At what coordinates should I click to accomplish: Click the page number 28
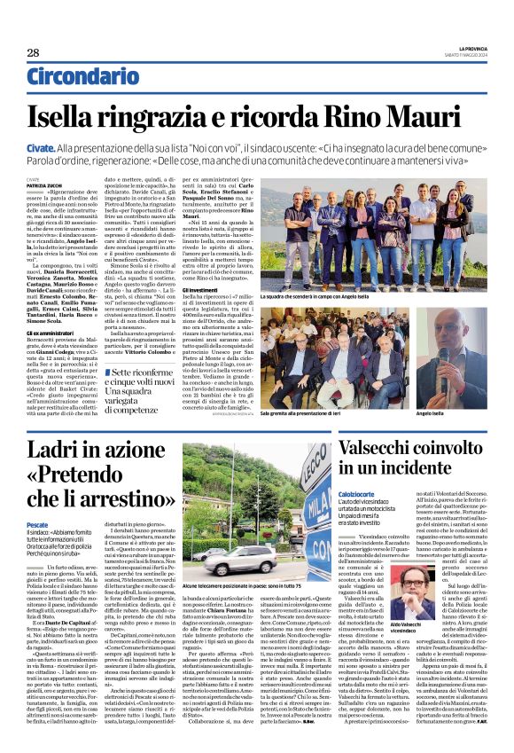33,54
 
